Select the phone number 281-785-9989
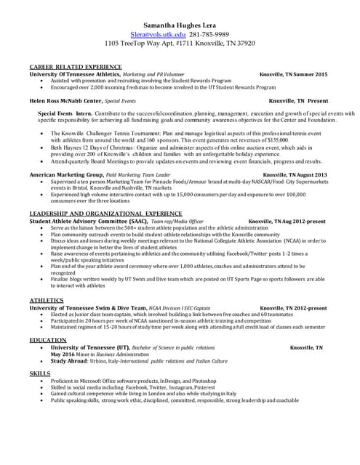point(209,33)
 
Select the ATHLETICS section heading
point(46,300)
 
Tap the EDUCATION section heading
point(48,340)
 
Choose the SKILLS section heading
point(39,373)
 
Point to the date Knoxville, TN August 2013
point(295,175)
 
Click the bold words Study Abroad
point(71,360)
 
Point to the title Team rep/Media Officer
point(170,220)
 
